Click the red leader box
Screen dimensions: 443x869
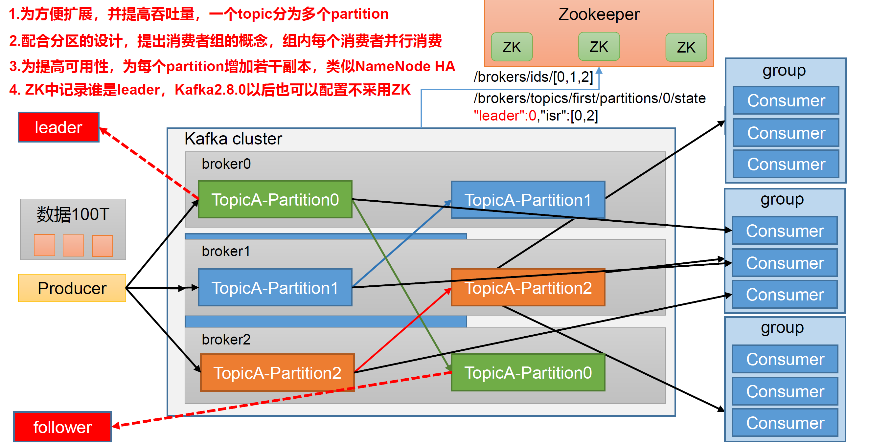(x=59, y=127)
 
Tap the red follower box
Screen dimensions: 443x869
(x=62, y=427)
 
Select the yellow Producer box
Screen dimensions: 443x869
(x=72, y=288)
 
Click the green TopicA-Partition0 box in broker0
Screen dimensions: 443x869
(x=275, y=199)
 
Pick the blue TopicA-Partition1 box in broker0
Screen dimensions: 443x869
(x=528, y=200)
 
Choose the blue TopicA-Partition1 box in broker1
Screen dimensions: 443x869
(x=275, y=288)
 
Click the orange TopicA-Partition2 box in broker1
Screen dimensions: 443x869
(x=528, y=288)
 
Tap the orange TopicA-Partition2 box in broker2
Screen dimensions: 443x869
(x=277, y=372)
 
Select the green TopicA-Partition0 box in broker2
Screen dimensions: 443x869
(x=528, y=372)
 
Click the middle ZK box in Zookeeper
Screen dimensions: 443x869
(x=599, y=47)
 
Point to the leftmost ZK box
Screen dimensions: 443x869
(x=512, y=47)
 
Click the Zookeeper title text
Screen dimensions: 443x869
(x=599, y=14)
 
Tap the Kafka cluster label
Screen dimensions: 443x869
(x=233, y=139)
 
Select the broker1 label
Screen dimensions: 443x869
(x=226, y=251)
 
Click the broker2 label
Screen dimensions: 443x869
(x=226, y=339)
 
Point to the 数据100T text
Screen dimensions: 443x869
(x=73, y=214)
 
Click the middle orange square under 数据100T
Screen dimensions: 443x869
(x=73, y=245)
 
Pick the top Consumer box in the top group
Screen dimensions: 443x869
(x=786, y=100)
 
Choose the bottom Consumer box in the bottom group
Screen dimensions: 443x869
(x=785, y=423)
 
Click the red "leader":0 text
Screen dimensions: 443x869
(x=505, y=116)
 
